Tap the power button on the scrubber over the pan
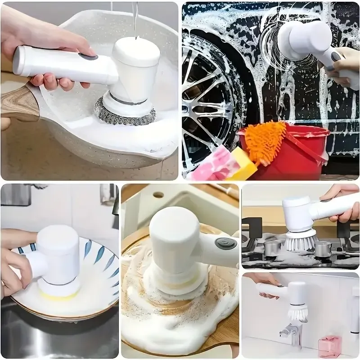coord(89,57)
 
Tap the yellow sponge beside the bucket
coord(242,165)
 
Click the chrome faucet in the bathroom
coord(288,333)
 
